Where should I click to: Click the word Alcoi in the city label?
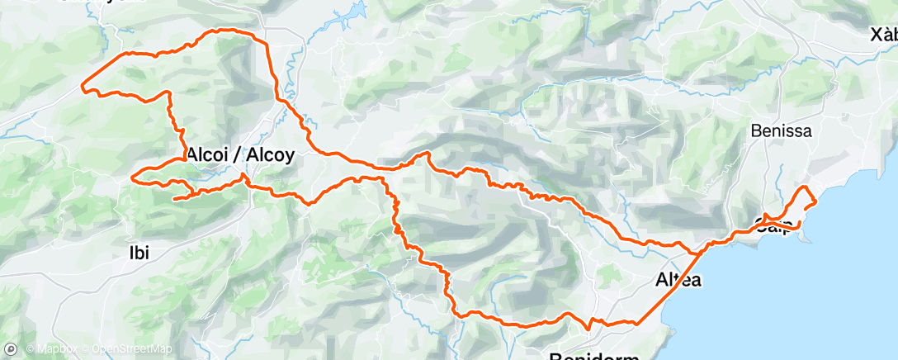[210, 154]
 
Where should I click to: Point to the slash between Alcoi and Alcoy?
[239, 154]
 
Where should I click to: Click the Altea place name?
[678, 280]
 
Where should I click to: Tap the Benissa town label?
[782, 130]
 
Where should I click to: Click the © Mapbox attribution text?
[53, 349]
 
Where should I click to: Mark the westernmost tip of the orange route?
[82, 85]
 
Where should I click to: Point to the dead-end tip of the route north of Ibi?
[173, 198]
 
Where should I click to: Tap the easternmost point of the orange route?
[816, 201]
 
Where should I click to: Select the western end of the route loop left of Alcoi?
[134, 176]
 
